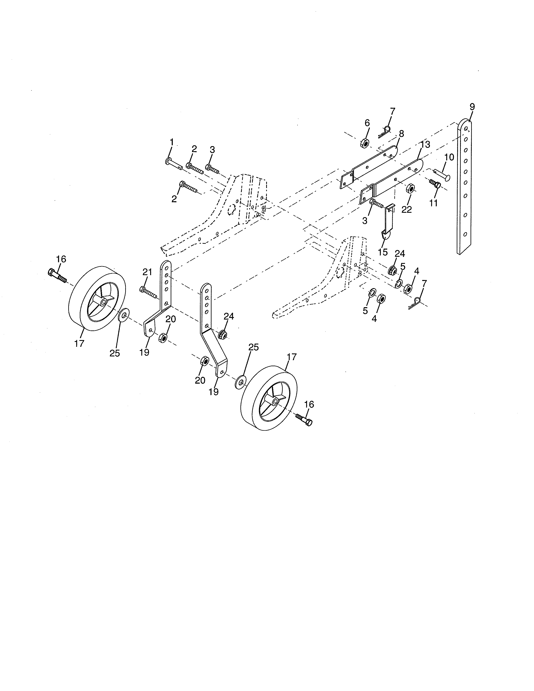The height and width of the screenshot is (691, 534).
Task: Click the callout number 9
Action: pos(472,107)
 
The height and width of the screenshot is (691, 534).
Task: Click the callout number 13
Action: pos(425,145)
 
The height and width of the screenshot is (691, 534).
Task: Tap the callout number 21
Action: pos(147,272)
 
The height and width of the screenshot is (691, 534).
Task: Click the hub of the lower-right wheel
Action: pos(275,401)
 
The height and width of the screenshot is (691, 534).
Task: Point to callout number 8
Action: pos(401,134)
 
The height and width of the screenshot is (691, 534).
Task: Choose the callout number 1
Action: pos(172,142)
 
